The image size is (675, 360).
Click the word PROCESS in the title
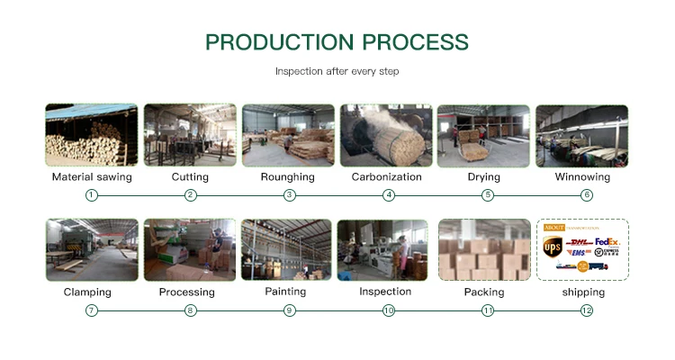point(416,42)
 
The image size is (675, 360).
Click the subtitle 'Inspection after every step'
point(337,71)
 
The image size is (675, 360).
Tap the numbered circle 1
point(91,195)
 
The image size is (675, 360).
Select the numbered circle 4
point(389,195)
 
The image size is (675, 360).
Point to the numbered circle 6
point(587,195)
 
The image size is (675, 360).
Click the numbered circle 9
point(290,310)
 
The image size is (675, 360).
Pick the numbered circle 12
point(587,310)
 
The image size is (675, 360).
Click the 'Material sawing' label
point(92,177)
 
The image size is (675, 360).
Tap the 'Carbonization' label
point(387,177)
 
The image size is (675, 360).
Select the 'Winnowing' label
point(582,177)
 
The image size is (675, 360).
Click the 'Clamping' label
point(87,292)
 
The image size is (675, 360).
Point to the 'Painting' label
point(285,292)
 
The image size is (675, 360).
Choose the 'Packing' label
point(484,292)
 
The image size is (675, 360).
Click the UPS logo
point(553,247)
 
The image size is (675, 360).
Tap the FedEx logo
point(607,241)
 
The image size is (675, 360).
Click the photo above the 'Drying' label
point(483,135)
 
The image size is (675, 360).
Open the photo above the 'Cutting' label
point(190,135)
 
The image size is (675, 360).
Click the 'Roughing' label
point(288,177)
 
